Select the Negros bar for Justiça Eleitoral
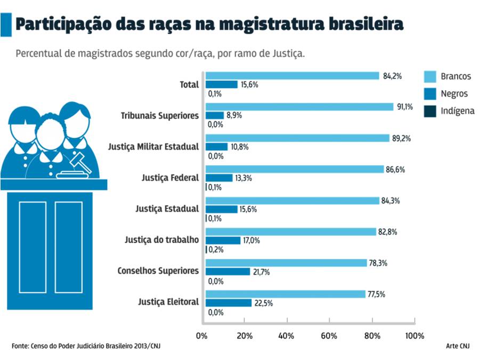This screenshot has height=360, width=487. click(229, 303)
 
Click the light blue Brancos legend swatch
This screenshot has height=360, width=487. click(430, 76)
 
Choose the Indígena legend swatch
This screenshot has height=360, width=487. click(430, 111)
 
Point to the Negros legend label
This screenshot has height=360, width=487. click(454, 94)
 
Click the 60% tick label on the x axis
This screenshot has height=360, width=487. click(329, 336)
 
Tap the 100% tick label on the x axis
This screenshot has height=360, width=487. click(415, 336)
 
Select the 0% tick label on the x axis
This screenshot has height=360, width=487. click(201, 336)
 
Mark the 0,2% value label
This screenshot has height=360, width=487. click(216, 250)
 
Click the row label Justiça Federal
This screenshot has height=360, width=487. click(170, 178)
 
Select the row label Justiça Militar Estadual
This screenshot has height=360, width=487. click(153, 146)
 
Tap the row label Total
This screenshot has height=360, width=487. click(189, 84)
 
